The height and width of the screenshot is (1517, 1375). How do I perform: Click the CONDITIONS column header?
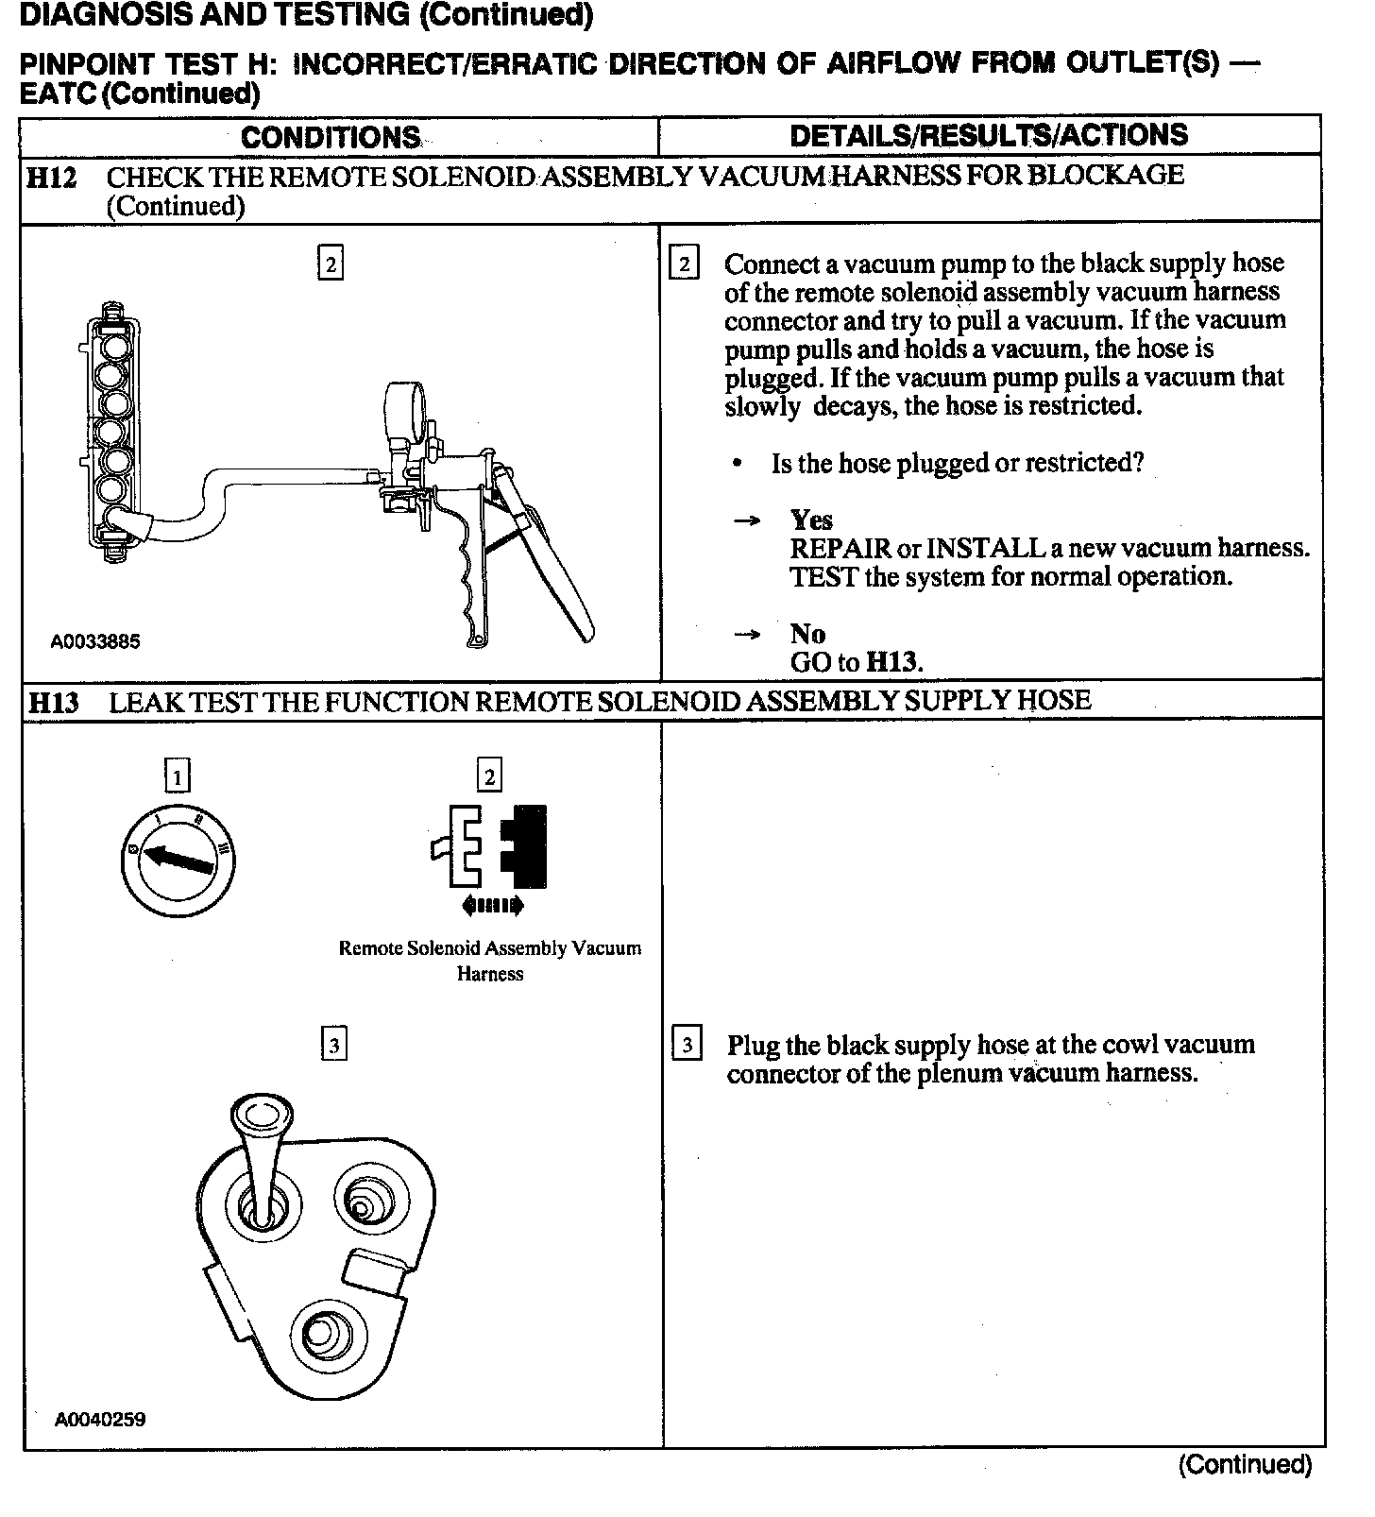(x=331, y=137)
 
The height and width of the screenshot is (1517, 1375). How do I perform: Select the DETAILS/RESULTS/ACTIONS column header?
(x=989, y=135)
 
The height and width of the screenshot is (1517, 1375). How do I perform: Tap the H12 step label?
(x=51, y=178)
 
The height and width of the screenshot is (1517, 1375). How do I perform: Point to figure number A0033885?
(x=95, y=641)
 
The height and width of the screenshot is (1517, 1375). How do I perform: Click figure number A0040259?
(x=100, y=1419)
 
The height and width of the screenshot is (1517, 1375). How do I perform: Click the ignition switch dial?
(x=178, y=861)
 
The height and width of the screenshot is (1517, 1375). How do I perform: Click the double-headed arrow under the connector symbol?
(x=491, y=907)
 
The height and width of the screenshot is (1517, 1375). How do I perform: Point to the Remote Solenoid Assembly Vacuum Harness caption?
(x=489, y=961)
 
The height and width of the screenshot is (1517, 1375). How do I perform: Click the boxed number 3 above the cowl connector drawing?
(x=334, y=1045)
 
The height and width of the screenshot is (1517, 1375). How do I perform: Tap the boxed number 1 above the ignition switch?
(x=177, y=776)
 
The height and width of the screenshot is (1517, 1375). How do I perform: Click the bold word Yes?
(x=811, y=520)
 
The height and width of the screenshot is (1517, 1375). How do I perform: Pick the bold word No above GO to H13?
(x=807, y=634)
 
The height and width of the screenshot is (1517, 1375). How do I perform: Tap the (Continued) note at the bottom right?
(x=1245, y=1465)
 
